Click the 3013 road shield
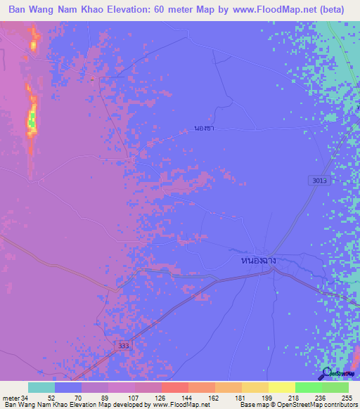coord(319,181)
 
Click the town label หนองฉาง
coord(257,261)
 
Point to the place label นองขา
coord(204,129)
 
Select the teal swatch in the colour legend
coord(41,387)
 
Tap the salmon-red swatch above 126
coord(175,387)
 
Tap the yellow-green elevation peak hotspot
coord(31,121)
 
